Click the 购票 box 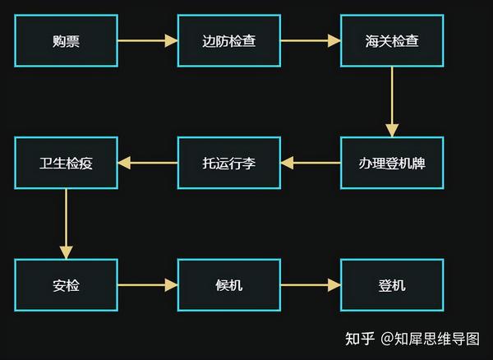point(66,40)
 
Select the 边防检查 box point(228,40)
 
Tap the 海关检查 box point(391,40)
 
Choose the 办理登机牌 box point(391,163)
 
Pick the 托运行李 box point(228,163)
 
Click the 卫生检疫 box point(66,163)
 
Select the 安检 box point(66,285)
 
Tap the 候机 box point(228,285)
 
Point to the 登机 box point(391,285)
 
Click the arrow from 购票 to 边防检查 point(147,40)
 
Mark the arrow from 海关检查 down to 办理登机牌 point(392,101)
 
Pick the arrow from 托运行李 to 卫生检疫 point(147,163)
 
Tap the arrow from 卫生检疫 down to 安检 point(66,224)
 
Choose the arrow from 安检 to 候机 point(147,285)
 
